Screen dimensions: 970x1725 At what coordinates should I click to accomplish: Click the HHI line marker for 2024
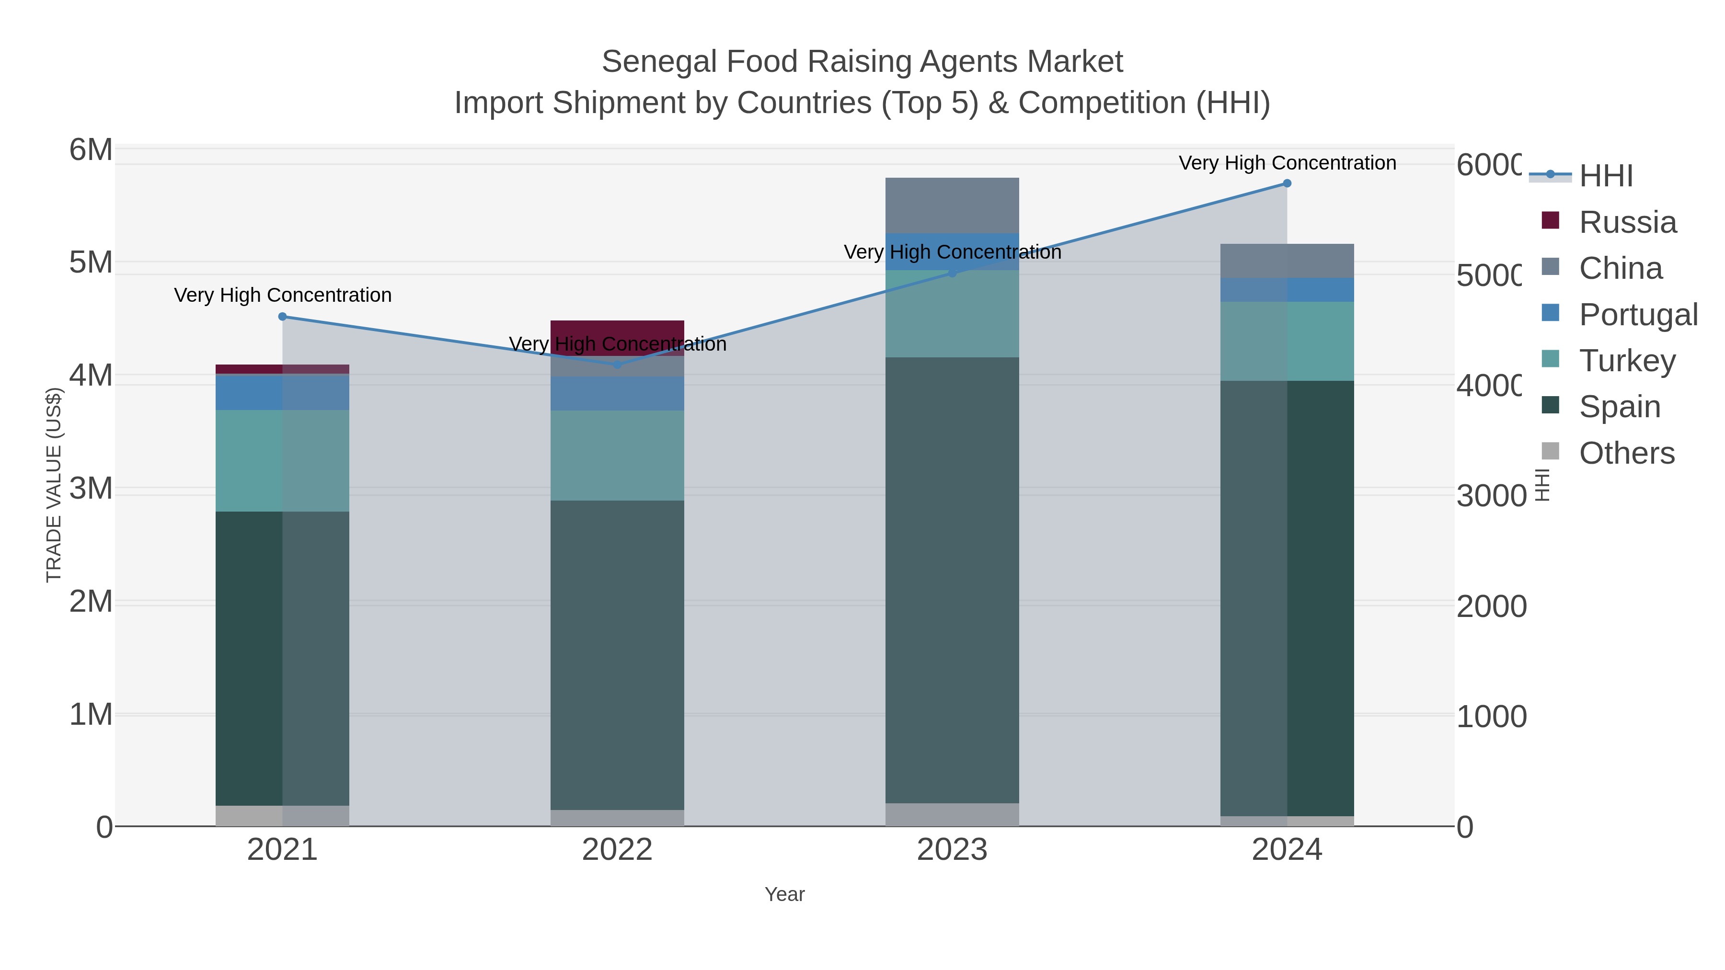pos(1287,183)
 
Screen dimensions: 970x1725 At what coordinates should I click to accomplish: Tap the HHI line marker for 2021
pos(282,317)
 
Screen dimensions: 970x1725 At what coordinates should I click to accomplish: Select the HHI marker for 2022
pos(617,365)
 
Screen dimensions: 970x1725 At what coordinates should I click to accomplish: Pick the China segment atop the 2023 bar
pos(952,205)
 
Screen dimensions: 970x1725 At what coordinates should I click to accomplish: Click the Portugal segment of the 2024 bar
pos(1287,290)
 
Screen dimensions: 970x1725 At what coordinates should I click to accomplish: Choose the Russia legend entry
pos(1627,222)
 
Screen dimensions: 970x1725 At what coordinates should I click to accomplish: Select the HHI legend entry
pos(1606,176)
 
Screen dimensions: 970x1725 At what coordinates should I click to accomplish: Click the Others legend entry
pos(1626,453)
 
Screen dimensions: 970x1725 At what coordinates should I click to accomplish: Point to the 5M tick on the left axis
pos(91,262)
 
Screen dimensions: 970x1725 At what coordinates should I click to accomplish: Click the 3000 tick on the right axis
pos(1491,496)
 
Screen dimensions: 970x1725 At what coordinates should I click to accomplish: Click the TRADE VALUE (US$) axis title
pos(54,485)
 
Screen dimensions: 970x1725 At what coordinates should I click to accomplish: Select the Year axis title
pos(784,894)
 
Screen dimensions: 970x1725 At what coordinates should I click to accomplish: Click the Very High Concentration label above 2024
pos(1287,163)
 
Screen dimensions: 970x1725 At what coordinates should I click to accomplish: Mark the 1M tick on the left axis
pos(91,714)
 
